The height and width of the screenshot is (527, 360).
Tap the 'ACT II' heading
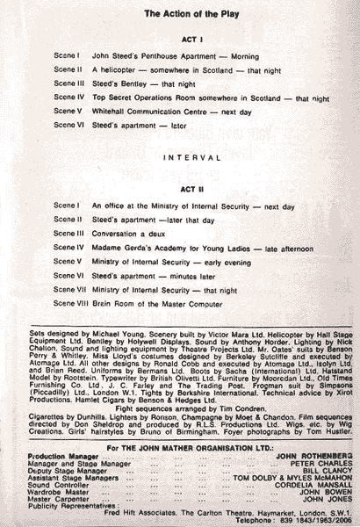point(180,188)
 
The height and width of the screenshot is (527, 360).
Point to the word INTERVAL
point(180,160)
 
